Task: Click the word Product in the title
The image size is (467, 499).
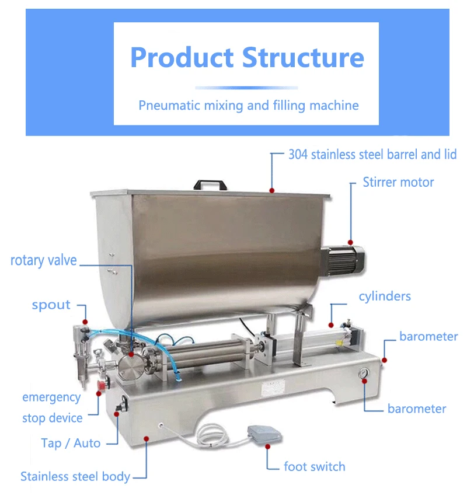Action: (181, 58)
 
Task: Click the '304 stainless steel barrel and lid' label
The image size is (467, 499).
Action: (372, 155)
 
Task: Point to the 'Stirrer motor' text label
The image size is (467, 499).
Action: (398, 182)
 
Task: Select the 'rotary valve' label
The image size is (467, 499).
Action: (43, 260)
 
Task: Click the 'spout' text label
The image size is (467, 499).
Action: (51, 305)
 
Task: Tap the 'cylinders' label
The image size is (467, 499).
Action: (385, 296)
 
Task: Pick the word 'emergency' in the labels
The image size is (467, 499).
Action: (51, 397)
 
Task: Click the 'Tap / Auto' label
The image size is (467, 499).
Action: (71, 443)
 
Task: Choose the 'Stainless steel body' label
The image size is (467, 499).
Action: (75, 476)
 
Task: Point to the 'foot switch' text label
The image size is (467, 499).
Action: (315, 466)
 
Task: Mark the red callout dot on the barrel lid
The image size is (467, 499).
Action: (271, 190)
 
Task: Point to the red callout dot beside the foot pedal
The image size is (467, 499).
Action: (268, 446)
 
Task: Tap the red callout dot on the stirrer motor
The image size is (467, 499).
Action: (350, 242)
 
